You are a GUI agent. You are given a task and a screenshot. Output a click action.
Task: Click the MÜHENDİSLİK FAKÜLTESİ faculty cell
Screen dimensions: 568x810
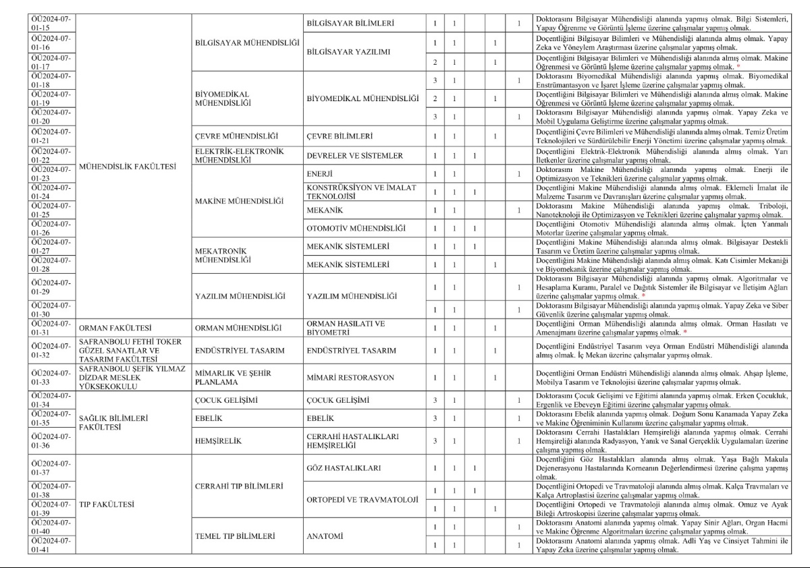coord(120,165)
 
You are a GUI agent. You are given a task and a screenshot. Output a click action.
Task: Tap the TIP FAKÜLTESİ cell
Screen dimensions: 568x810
coord(107,503)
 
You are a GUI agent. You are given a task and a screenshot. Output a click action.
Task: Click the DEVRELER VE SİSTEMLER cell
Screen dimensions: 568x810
coord(354,156)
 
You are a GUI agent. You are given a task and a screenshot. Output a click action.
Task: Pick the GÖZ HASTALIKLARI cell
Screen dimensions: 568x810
coord(344,467)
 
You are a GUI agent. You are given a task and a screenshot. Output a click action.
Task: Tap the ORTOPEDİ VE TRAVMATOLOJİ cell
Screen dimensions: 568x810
coord(362,500)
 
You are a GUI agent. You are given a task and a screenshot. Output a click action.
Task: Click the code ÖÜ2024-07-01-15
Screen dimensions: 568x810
coord(51,24)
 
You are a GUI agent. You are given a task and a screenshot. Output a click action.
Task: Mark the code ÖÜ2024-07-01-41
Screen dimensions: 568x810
coord(51,545)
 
